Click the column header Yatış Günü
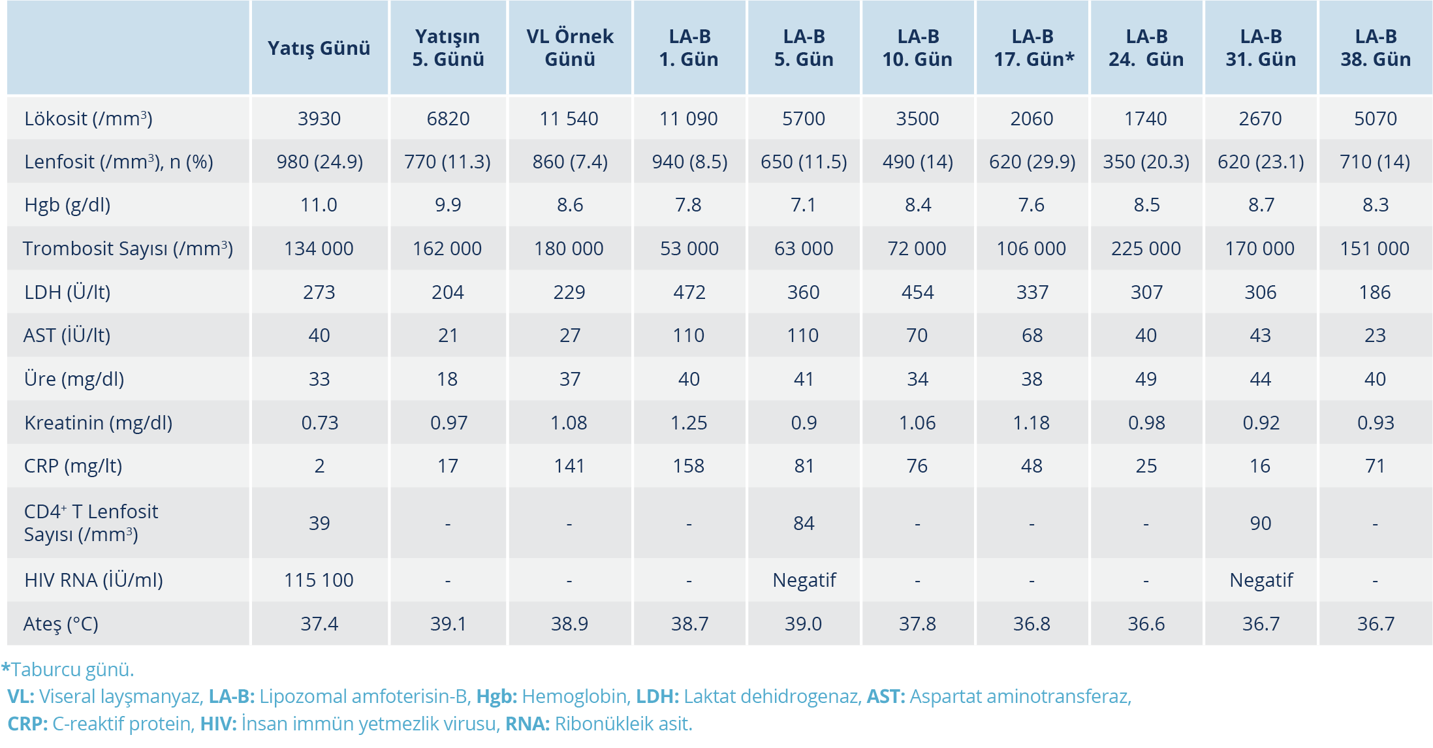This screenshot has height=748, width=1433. (319, 48)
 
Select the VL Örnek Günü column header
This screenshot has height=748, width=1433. (569, 48)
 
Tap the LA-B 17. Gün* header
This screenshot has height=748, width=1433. (1033, 48)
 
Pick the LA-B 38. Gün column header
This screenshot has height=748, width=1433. (1375, 48)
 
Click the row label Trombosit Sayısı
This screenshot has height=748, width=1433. (128, 249)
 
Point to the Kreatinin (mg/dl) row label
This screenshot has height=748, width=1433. (98, 423)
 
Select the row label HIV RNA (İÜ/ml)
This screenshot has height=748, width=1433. (93, 580)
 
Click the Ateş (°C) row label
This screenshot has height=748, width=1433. (61, 624)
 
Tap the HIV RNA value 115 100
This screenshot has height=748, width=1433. (319, 580)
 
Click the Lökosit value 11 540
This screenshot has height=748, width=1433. (569, 119)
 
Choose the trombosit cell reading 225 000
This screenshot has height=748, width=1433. (1146, 249)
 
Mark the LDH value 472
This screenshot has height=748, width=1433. (689, 292)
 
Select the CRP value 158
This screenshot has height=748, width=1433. (689, 466)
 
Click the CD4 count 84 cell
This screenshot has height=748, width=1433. (804, 523)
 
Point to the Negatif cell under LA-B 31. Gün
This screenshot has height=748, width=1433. (1261, 580)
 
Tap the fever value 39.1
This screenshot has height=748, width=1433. (448, 624)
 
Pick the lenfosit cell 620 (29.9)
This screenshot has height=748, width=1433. (1032, 162)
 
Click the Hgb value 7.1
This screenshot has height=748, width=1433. (804, 205)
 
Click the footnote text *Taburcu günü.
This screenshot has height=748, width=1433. (68, 670)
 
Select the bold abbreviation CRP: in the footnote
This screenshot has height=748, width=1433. (27, 724)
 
